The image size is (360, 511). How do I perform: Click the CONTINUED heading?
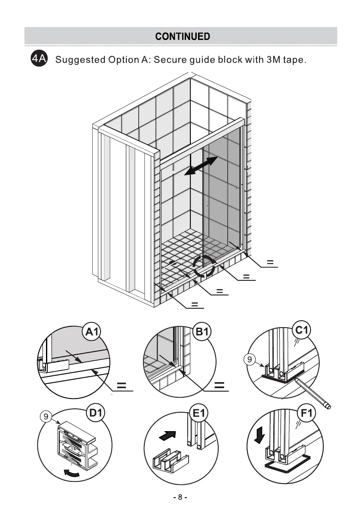click(x=183, y=36)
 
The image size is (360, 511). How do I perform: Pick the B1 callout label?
click(x=201, y=332)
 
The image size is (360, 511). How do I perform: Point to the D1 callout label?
click(x=97, y=414)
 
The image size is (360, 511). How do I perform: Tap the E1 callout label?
click(x=199, y=414)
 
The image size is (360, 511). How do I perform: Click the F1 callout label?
click(x=307, y=414)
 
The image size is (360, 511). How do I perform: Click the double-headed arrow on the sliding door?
click(x=200, y=166)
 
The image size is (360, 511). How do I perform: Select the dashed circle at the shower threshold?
click(x=204, y=266)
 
